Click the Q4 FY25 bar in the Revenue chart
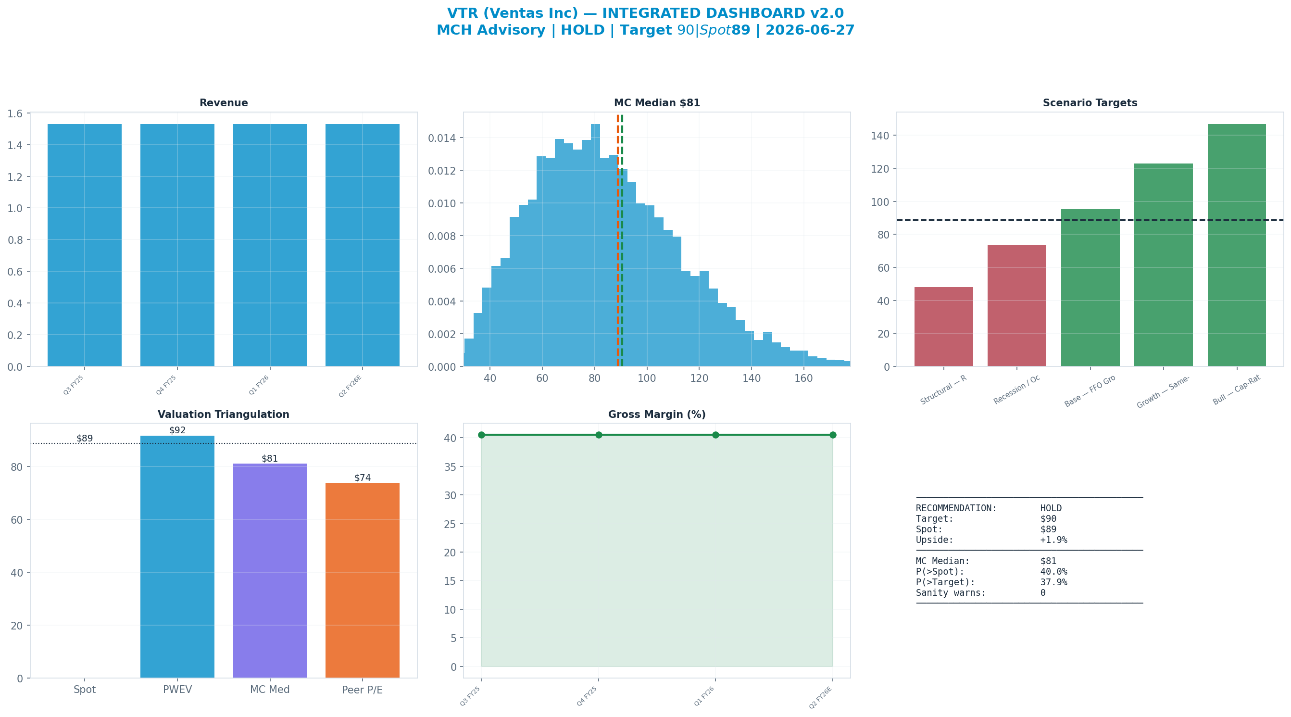[177, 245]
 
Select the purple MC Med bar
[270, 571]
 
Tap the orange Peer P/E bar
[363, 580]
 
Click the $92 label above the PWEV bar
[177, 430]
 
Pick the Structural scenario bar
[944, 327]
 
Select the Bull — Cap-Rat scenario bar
[1237, 245]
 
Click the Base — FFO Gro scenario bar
[1090, 288]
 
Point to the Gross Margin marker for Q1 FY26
[715, 435]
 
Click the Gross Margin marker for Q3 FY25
[481, 435]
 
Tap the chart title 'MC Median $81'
[657, 103]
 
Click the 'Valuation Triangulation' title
[224, 415]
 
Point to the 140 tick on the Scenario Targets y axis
[883, 136]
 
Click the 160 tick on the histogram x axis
[803, 378]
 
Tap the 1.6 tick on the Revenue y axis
[15, 114]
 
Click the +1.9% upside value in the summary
[1053, 540]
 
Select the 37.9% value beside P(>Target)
[1053, 582]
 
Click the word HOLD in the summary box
[1051, 508]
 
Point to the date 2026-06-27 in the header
[810, 30]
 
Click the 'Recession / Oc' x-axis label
[1017, 390]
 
